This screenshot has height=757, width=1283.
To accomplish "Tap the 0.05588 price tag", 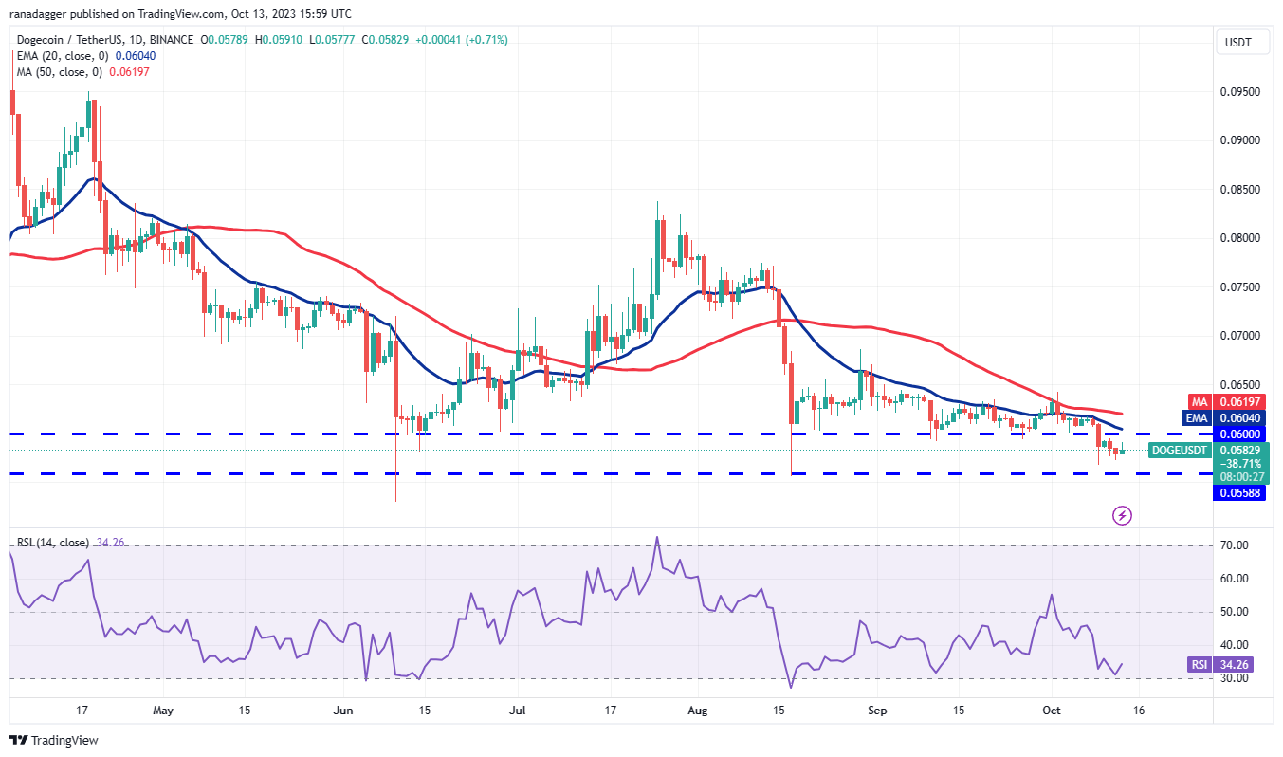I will [1241, 492].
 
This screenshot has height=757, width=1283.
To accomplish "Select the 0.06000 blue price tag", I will [1241, 434].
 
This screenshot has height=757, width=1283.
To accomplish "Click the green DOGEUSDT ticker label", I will [1180, 450].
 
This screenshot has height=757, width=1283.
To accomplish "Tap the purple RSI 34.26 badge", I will [1200, 665].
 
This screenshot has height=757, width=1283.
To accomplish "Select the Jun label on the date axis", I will [344, 710].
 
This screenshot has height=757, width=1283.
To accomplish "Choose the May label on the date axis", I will [163, 710].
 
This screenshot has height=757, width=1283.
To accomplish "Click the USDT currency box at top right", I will [1238, 42].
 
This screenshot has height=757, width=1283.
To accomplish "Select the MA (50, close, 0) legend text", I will [60, 72].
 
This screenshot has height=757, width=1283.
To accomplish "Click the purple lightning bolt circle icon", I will [1122, 516].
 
